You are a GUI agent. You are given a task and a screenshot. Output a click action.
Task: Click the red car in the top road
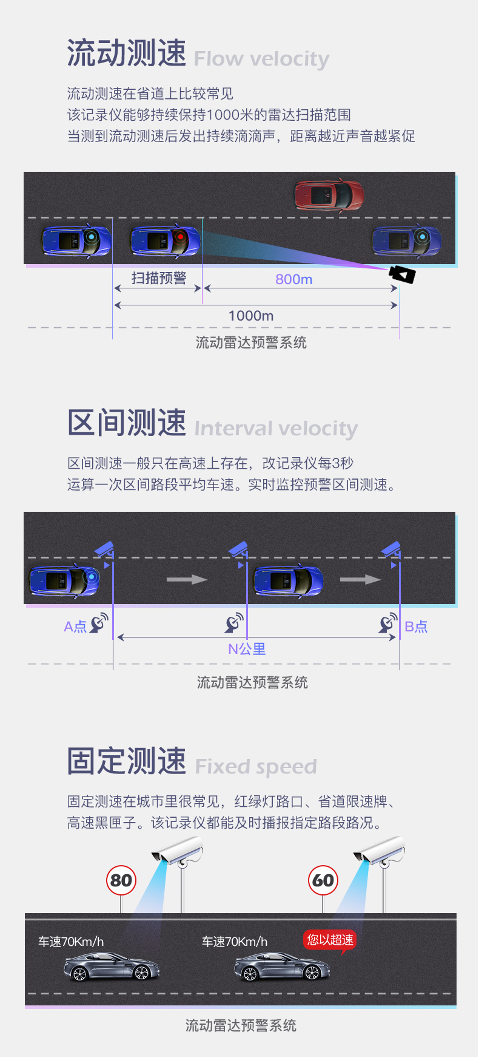(x=329, y=194)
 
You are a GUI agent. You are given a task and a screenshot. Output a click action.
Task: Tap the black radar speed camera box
(x=402, y=274)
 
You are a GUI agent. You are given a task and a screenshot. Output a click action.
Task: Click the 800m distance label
(x=293, y=279)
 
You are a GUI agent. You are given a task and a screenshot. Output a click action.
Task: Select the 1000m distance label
(x=251, y=316)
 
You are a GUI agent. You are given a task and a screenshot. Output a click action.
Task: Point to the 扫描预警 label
(x=159, y=278)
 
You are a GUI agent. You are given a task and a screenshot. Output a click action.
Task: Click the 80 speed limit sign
(x=121, y=880)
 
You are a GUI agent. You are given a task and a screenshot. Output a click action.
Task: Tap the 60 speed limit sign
(x=323, y=880)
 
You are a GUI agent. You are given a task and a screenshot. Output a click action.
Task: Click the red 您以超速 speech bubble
(x=330, y=940)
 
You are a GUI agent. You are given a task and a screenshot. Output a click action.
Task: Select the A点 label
(x=75, y=627)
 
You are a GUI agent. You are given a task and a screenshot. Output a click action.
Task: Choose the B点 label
(x=416, y=627)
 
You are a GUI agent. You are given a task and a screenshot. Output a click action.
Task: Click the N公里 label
(x=247, y=649)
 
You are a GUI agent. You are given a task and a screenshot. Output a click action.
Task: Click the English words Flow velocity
(x=261, y=59)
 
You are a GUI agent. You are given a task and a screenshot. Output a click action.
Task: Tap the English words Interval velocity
(x=276, y=429)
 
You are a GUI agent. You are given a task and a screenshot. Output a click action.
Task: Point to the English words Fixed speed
(x=256, y=766)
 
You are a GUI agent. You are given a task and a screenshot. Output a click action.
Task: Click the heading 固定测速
(x=127, y=761)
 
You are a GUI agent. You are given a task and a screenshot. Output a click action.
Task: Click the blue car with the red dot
(x=165, y=240)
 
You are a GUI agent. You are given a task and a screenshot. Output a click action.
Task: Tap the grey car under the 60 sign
(x=282, y=967)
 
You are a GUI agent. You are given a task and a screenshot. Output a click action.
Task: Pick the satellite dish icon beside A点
(x=99, y=623)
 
